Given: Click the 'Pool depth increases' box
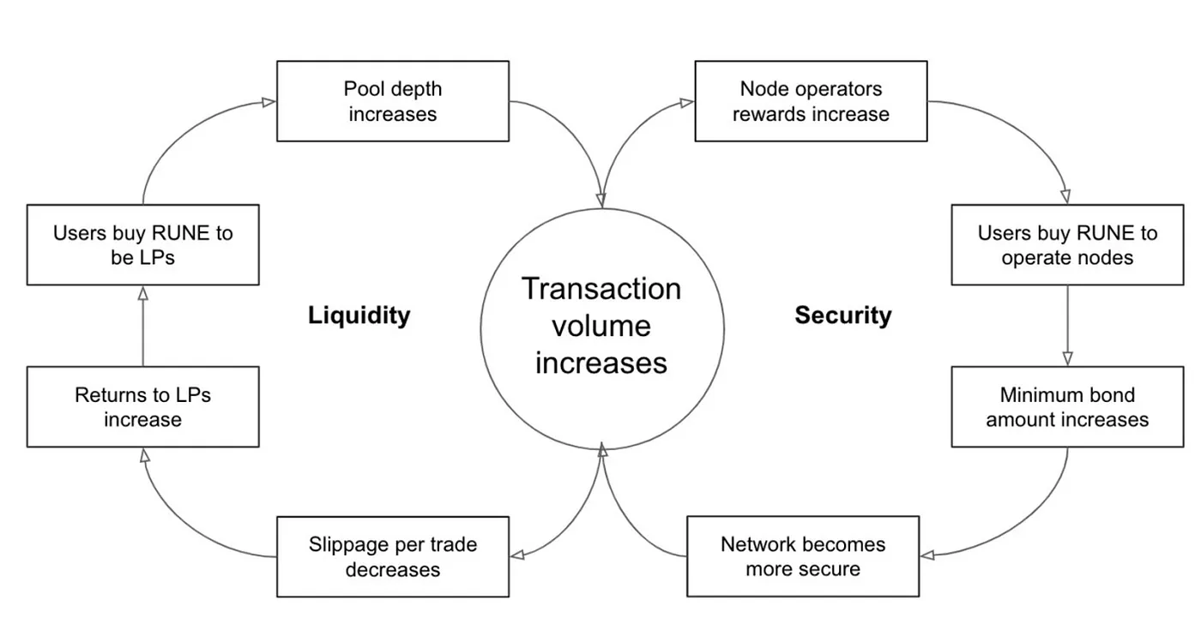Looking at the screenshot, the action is coord(393,101).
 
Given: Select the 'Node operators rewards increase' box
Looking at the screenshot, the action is coord(812,101).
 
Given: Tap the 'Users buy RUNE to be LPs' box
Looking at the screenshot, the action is coord(143,245).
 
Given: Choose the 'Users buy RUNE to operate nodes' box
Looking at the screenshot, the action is coord(1067,245).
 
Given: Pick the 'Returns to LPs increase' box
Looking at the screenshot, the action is coord(143,407).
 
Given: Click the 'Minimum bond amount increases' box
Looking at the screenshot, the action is coord(1067,407).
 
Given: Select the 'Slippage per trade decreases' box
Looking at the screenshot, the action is coord(393,557).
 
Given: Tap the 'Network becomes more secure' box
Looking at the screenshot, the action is coord(803,556).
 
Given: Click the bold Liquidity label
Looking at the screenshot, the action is coord(359,315).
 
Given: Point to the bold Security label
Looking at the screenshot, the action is coord(843,315).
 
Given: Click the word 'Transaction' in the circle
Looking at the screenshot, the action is coord(601,289).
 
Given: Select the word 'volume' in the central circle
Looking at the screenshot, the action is coord(601,326).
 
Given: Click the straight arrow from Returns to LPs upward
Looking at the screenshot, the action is coord(143,327).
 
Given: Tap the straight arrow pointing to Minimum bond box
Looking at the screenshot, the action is coord(1067,326).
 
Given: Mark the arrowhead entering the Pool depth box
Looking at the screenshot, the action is coord(269,102).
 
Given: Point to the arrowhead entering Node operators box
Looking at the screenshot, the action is coord(687,102).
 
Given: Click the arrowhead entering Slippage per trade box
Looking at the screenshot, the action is coord(517,555).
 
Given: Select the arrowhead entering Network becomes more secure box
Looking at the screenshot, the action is coord(927,555).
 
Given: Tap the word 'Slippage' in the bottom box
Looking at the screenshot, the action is coord(347,545).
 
